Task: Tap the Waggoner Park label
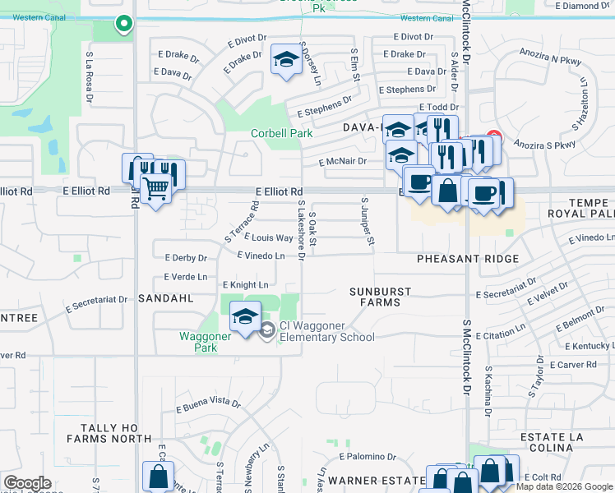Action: (x=198, y=341)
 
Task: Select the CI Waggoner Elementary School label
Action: (x=326, y=330)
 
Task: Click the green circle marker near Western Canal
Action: (x=123, y=25)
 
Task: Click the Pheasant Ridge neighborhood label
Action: (x=467, y=259)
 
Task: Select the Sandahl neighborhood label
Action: (x=165, y=298)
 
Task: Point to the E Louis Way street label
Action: (x=269, y=238)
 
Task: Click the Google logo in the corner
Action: (x=27, y=483)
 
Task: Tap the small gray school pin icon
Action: (x=266, y=330)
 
